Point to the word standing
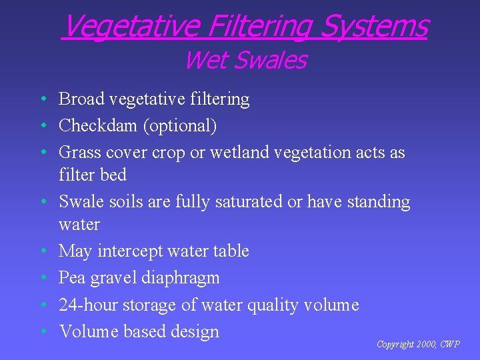(x=377, y=201)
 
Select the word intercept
(x=131, y=251)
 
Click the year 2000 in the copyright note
(x=424, y=345)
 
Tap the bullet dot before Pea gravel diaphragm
(x=42, y=278)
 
